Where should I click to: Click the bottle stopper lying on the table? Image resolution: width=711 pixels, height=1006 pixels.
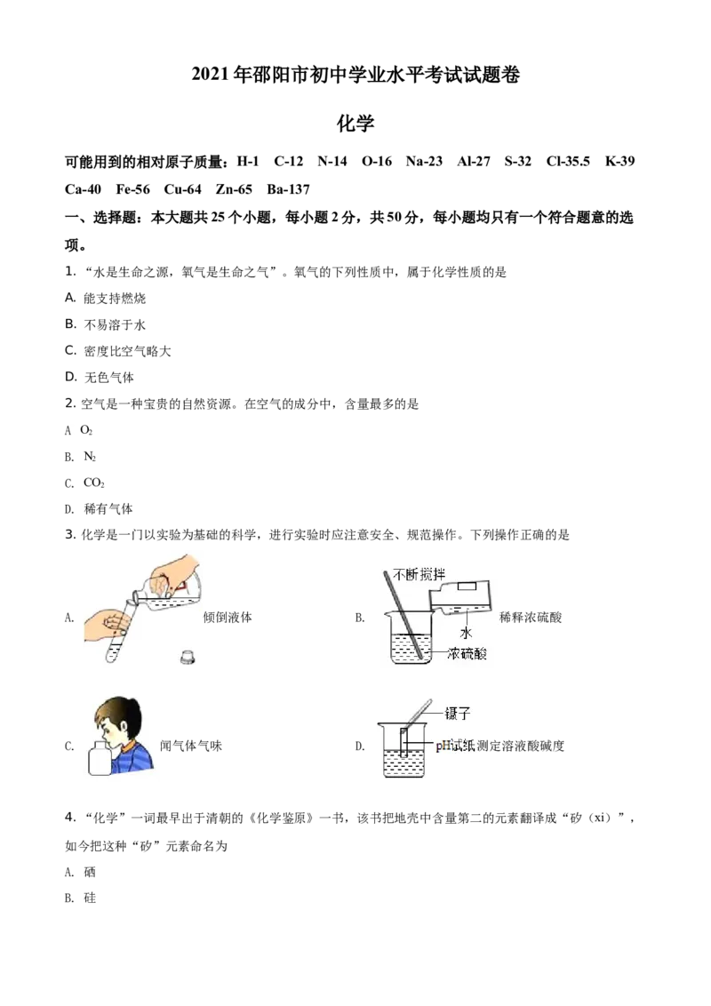tap(187, 658)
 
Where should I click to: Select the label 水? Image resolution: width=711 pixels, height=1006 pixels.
tap(464, 632)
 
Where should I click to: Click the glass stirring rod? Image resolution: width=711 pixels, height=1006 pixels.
tap(402, 613)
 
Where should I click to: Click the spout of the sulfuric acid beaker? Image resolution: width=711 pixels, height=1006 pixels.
tap(386, 614)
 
